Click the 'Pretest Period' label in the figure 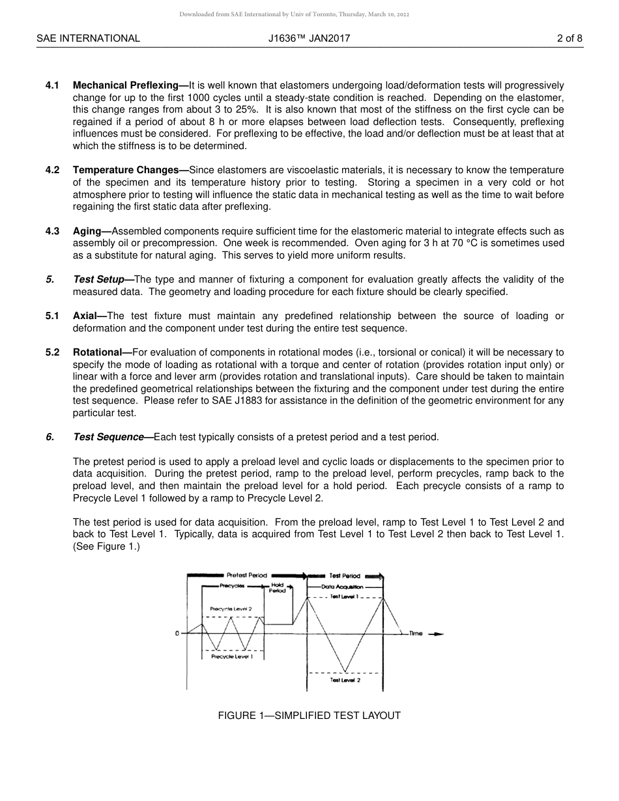246,576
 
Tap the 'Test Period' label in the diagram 345,576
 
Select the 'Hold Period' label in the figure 278,587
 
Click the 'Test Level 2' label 345,680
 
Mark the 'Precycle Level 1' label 232,656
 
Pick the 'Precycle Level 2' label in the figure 231,610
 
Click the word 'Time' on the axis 416,634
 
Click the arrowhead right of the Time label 438,634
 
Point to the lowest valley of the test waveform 345,671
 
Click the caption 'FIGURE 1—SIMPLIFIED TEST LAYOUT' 309,716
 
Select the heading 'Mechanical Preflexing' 126,85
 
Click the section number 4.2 53,170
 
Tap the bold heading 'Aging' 87,231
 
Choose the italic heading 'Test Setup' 98,279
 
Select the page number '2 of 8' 569,38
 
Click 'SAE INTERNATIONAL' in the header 88,38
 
